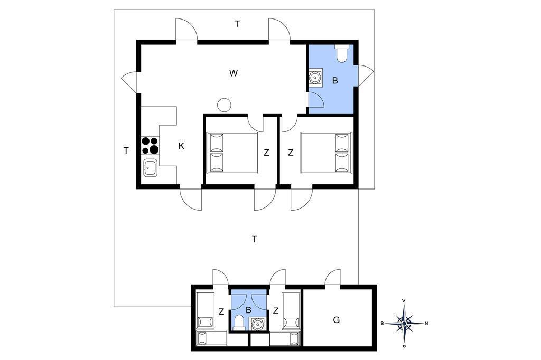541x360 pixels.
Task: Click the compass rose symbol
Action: coord(404,324)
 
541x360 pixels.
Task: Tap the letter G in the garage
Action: coord(337,320)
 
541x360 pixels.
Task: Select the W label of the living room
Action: coord(234,73)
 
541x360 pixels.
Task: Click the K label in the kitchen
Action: coord(182,146)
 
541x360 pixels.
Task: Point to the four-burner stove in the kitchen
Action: coord(150,146)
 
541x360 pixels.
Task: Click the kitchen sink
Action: coord(150,168)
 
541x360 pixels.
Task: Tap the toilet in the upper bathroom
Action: coord(342,53)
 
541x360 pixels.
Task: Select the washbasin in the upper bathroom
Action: coord(315,77)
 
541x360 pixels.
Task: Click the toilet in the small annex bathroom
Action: coord(239,322)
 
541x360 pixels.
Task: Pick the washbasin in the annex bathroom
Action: coord(257,324)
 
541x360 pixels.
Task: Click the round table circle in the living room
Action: coord(224,105)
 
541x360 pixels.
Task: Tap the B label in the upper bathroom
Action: coord(334,81)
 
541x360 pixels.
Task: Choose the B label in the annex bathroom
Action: coord(248,310)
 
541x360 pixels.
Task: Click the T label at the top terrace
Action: coord(237,24)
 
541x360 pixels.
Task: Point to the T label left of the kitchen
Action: coord(126,150)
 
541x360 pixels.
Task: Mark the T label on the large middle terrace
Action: coord(255,239)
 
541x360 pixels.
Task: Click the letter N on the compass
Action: coord(426,324)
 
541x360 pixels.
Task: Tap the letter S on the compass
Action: coord(383,324)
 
